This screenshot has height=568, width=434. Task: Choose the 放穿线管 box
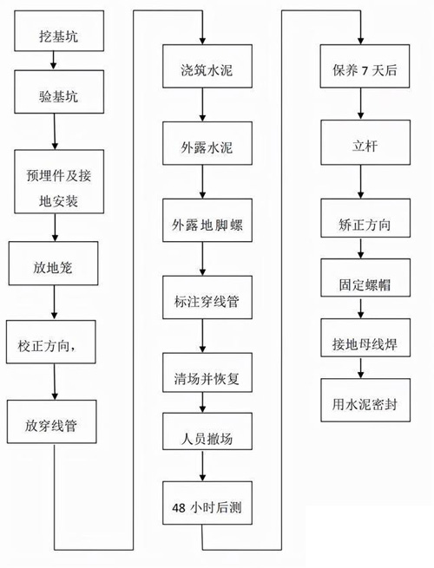(x=55, y=424)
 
